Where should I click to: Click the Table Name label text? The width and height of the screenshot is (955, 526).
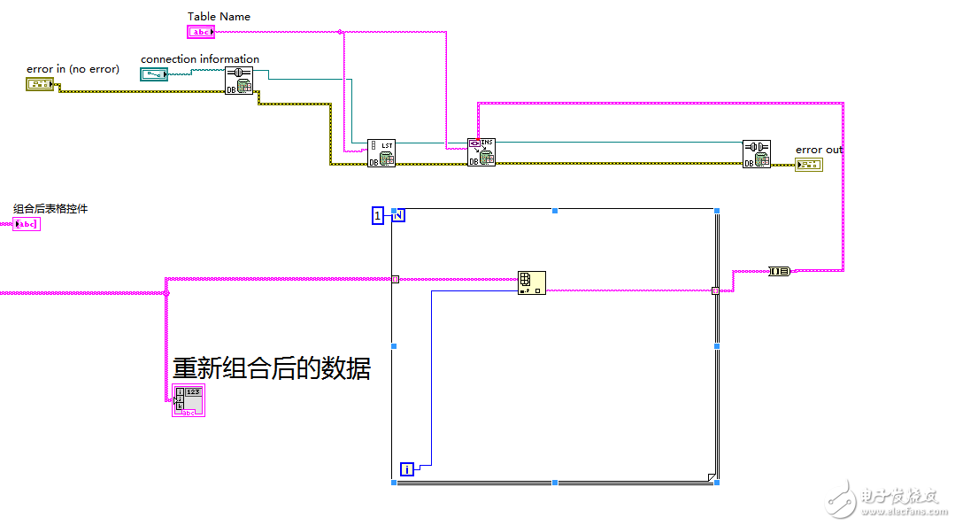click(219, 17)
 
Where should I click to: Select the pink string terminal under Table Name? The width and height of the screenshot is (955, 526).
click(201, 32)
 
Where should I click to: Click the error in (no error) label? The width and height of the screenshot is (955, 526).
click(73, 69)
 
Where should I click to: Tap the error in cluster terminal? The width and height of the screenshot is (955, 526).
click(39, 84)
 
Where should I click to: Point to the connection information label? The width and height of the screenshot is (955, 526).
click(200, 59)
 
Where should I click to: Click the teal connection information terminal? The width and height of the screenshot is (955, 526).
click(153, 74)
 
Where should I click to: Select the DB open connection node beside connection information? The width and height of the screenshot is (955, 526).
click(238, 81)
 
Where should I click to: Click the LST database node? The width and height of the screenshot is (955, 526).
click(381, 152)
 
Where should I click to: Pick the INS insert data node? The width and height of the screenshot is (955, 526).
click(481, 151)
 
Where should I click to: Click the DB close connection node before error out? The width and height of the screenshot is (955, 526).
click(757, 153)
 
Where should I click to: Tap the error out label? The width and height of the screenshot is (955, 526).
click(819, 150)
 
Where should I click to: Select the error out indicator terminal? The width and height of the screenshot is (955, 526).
click(808, 165)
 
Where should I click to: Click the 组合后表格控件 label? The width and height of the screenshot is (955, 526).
click(50, 209)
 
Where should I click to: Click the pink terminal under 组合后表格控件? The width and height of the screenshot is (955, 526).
click(27, 224)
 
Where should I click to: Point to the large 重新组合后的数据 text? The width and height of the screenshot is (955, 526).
click(271, 367)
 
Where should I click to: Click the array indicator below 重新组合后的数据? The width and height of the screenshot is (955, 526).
click(188, 400)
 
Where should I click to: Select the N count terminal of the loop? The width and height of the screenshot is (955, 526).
click(398, 215)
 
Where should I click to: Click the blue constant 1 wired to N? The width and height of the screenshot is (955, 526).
click(378, 215)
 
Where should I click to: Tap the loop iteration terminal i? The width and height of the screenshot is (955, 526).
click(407, 468)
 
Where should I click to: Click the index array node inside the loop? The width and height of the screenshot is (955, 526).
click(531, 282)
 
